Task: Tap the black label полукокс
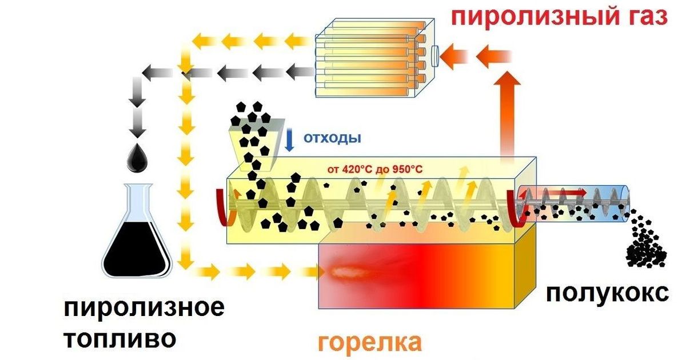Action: [606, 293]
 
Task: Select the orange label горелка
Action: [370, 342]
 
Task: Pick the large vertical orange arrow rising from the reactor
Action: [505, 114]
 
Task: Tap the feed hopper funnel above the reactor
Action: [253, 143]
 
